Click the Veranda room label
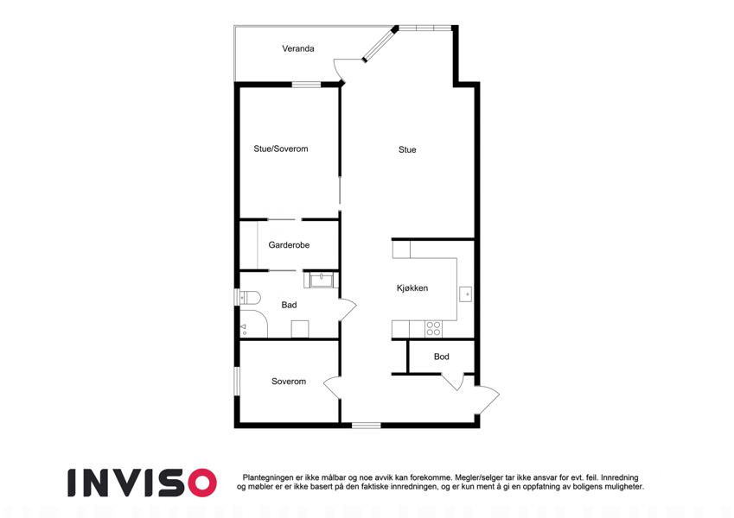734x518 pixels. click(297, 48)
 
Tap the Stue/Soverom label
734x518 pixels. click(281, 149)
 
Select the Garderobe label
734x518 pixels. click(289, 245)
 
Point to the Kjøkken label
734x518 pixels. click(412, 288)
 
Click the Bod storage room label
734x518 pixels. click(442, 357)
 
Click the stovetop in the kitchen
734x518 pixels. click(433, 329)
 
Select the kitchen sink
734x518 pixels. click(465, 294)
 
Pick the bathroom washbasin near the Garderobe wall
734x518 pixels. click(321, 280)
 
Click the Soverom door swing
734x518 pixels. click(332, 388)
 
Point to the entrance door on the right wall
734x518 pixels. click(488, 400)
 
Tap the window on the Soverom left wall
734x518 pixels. click(237, 381)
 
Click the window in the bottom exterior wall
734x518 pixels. click(366, 426)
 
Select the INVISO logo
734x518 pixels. click(143, 483)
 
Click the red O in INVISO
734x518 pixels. click(202, 483)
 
